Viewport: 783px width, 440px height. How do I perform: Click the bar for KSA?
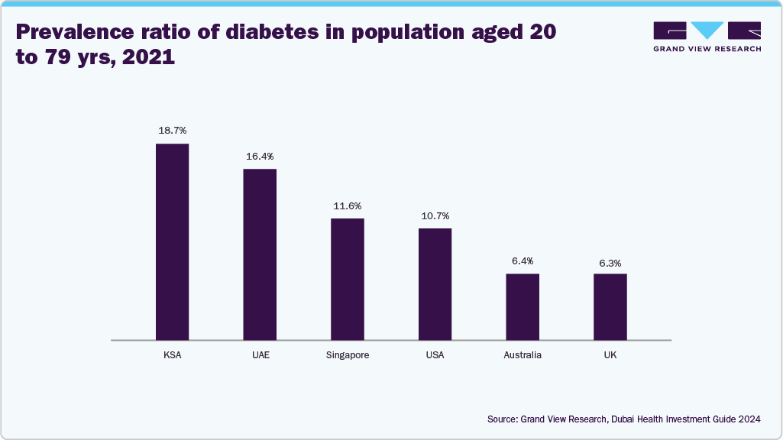pyautogui.click(x=172, y=241)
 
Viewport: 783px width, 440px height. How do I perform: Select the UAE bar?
pyautogui.click(x=260, y=254)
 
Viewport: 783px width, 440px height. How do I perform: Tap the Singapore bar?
pyautogui.click(x=347, y=279)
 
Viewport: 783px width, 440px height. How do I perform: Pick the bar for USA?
pyautogui.click(x=435, y=283)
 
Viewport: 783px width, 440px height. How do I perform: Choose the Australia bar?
pyautogui.click(x=523, y=306)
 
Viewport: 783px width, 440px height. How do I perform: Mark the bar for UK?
pyautogui.click(x=610, y=306)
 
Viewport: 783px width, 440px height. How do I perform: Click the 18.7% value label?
pyautogui.click(x=172, y=131)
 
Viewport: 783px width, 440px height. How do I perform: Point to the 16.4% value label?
pyautogui.click(x=260, y=156)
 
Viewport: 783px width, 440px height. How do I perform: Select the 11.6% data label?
pyautogui.click(x=347, y=206)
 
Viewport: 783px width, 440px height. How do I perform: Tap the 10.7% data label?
pyautogui.click(x=435, y=216)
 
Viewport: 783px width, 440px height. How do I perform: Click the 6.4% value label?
pyautogui.click(x=523, y=261)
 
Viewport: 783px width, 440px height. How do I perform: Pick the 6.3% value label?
pyautogui.click(x=610, y=262)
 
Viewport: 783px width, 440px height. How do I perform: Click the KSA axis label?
pyautogui.click(x=172, y=355)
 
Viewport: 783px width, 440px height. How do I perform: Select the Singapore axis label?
pyautogui.click(x=347, y=355)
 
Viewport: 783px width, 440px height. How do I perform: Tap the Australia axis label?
pyautogui.click(x=523, y=355)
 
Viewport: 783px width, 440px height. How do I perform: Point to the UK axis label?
pyautogui.click(x=610, y=355)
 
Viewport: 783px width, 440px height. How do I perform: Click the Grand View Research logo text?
pyautogui.click(x=707, y=48)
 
